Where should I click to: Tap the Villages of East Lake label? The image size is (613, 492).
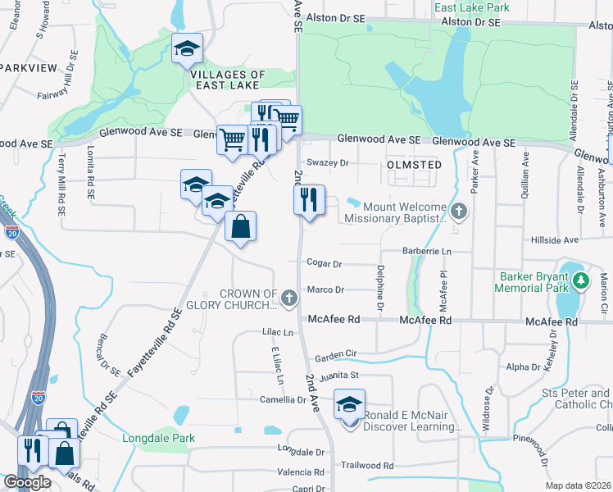click(x=228, y=80)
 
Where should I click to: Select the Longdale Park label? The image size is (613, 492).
click(x=159, y=438)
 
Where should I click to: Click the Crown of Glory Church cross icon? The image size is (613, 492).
click(x=288, y=299)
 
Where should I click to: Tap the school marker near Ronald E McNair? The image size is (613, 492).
click(x=349, y=406)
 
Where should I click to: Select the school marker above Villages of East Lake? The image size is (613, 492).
click(x=187, y=50)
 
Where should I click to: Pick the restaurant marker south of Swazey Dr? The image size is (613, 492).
click(x=309, y=200)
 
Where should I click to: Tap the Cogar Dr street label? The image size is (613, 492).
click(x=324, y=264)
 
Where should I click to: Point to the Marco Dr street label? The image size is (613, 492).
click(x=325, y=289)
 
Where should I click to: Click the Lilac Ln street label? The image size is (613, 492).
click(x=277, y=333)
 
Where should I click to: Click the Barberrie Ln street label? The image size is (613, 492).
click(x=427, y=250)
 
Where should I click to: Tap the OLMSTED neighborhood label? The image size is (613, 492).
click(x=414, y=165)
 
